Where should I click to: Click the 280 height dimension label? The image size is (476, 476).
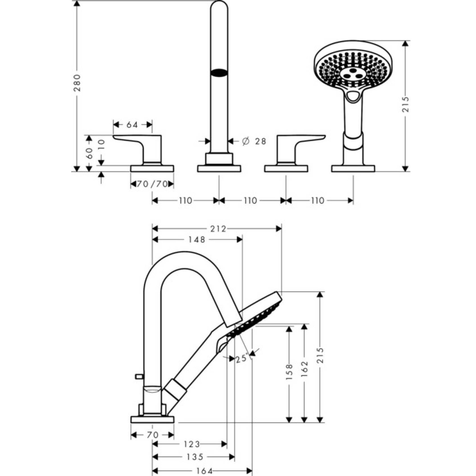(78, 83)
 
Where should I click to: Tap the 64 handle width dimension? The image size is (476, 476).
(132, 125)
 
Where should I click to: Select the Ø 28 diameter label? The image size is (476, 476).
(253, 141)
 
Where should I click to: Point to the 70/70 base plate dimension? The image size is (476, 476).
(152, 184)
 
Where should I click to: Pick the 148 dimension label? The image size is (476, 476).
(197, 240)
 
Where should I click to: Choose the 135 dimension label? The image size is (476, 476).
(194, 457)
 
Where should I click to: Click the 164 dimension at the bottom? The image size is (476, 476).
(205, 471)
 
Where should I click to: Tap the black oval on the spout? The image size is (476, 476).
(219, 73)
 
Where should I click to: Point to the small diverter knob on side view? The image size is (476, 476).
(139, 375)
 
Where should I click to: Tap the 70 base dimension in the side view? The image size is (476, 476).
(152, 435)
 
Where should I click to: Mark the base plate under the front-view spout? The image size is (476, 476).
(219, 169)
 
